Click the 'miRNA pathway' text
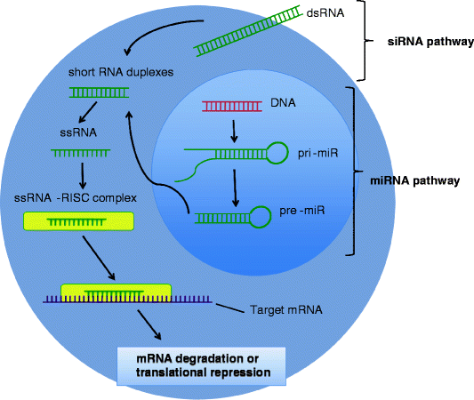coord(414,180)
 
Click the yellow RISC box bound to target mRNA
coord(116,292)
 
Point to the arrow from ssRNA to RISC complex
coord(81,172)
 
